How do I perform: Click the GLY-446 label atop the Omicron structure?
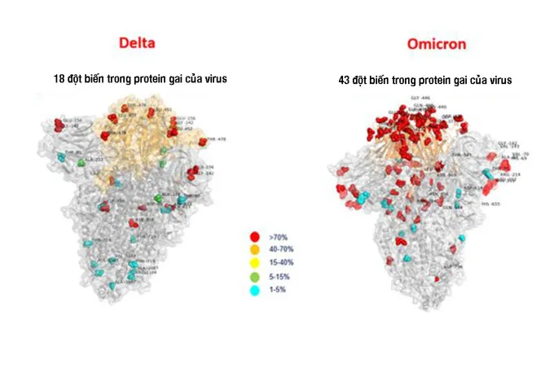coord(420,97)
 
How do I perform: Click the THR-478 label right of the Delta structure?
coord(216,139)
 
